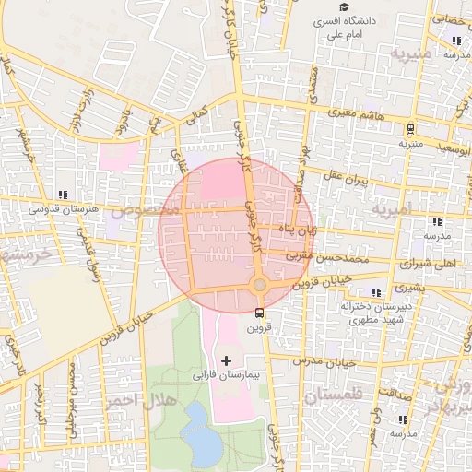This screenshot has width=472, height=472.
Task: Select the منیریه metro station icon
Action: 410,129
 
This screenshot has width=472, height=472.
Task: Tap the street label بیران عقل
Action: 347,176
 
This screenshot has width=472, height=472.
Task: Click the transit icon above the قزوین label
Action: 258,312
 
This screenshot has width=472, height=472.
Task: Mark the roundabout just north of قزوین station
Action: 259,285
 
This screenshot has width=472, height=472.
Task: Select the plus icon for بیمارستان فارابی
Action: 227,358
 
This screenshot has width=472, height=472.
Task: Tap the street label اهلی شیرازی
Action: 425,263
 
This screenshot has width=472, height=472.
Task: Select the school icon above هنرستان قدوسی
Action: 63,195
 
